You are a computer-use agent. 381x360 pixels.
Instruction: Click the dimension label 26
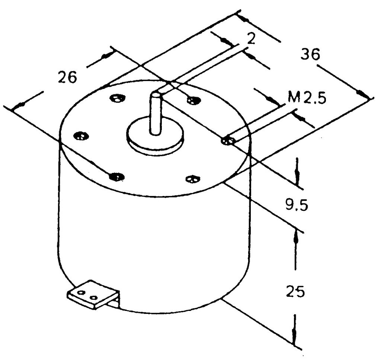pyautogui.click(x=67, y=77)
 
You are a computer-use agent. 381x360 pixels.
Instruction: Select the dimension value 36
pyautogui.click(x=311, y=54)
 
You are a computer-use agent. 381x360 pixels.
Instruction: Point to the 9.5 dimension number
pyautogui.click(x=296, y=204)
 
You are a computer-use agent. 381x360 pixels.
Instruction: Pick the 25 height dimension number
pyautogui.click(x=295, y=291)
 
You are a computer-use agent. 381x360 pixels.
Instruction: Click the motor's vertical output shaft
pyautogui.click(x=156, y=113)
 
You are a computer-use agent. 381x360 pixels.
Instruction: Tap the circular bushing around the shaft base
pyautogui.click(x=156, y=136)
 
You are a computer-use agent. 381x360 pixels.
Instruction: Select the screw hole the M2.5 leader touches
pyautogui.click(x=228, y=141)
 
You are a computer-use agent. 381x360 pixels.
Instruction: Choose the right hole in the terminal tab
pyautogui.click(x=94, y=297)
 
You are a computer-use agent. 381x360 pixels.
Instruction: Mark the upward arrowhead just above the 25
pyautogui.click(x=295, y=235)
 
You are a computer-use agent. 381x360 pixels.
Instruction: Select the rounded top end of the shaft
pyautogui.click(x=156, y=93)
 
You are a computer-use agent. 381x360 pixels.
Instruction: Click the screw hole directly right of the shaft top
pyautogui.click(x=193, y=100)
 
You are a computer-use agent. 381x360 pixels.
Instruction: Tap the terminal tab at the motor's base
pyautogui.click(x=93, y=295)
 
